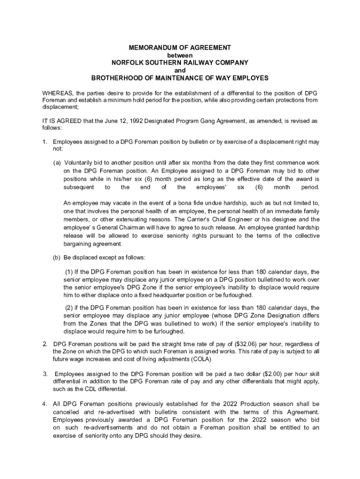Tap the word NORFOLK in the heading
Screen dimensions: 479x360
[130, 62]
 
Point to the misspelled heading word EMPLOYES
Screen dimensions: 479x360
[249, 77]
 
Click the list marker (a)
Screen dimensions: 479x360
[57, 162]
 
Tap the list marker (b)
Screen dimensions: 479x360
[57, 258]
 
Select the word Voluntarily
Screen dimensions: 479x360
[81, 162]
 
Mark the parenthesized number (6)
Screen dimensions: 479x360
[259, 187]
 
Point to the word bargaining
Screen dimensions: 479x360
[79, 244]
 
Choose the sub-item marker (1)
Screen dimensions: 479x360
[69, 272]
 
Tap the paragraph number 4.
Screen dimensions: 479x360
[44, 404]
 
